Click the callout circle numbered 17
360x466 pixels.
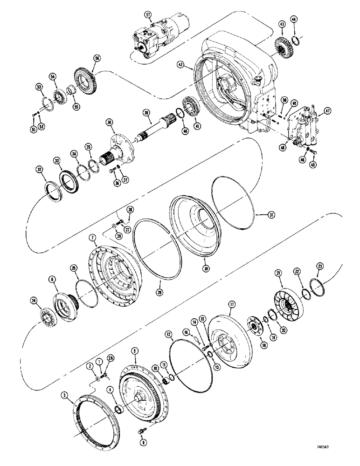pos(231,303)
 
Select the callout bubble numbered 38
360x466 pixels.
pos(110,122)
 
